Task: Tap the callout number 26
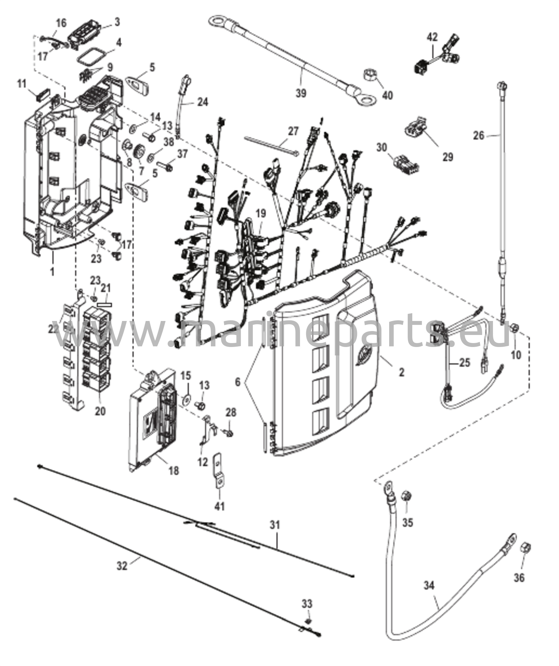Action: pyautogui.click(x=479, y=135)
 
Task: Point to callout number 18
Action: pyautogui.click(x=174, y=471)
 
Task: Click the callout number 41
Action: pyautogui.click(x=220, y=506)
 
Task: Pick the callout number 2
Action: pyautogui.click(x=402, y=372)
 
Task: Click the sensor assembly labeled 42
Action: pyautogui.click(x=438, y=56)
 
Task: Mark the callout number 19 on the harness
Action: pyautogui.click(x=261, y=213)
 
